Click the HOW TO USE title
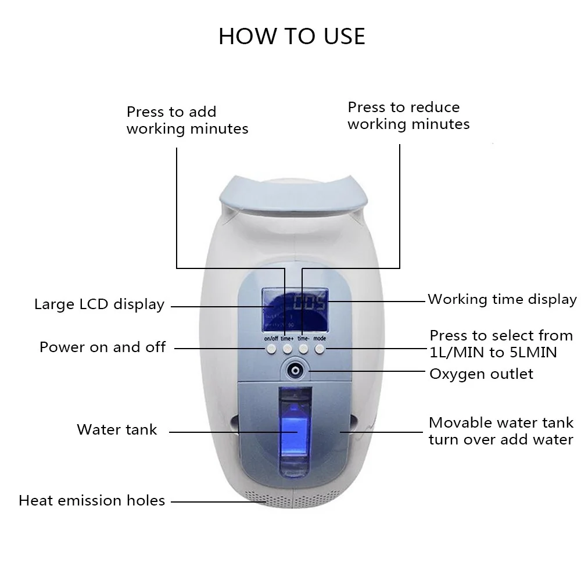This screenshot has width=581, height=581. point(292,36)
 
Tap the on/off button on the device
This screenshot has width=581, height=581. point(271,349)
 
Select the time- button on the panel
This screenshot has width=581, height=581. point(303,349)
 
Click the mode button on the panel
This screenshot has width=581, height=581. point(320,349)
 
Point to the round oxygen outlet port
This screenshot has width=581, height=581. point(296,370)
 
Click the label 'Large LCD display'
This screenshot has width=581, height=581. point(99,304)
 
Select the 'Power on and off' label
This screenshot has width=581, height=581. point(103,347)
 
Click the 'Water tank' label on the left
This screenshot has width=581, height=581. point(117,430)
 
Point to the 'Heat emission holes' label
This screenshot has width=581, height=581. point(92,500)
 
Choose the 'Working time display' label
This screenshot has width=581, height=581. point(502,299)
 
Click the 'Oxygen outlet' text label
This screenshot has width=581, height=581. point(481,374)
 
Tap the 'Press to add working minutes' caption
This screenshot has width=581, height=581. point(187,120)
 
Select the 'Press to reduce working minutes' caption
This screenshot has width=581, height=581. point(408,116)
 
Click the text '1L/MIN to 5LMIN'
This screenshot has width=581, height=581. point(493,352)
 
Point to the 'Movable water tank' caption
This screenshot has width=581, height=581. point(501,423)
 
